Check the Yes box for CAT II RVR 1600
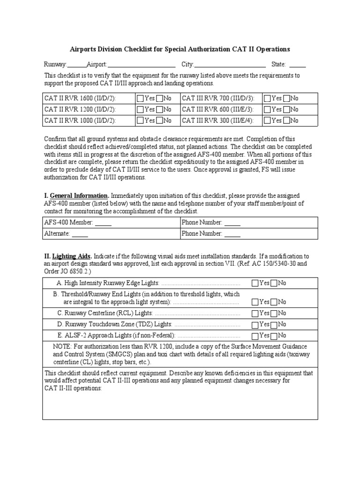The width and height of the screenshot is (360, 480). (140, 98)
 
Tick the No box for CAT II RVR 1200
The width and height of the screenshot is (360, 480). (159, 110)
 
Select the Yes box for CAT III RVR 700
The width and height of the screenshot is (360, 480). (267, 98)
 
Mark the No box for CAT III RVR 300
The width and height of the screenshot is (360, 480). (286, 120)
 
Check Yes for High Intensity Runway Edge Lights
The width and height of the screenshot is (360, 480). (255, 283)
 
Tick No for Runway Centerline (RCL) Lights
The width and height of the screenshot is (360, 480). (274, 313)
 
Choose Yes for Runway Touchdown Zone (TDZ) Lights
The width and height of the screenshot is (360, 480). (255, 324)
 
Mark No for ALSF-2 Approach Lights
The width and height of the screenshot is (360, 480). (274, 336)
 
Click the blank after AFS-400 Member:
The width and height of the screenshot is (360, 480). (103, 223)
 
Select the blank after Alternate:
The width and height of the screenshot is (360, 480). (80, 234)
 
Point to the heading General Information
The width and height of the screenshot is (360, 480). (79, 195)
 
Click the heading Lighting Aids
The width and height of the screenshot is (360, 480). (72, 256)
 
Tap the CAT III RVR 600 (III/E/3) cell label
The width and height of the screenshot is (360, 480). (217, 110)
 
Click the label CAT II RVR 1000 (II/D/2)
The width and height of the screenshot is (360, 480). (80, 120)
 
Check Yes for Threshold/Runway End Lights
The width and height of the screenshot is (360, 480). (255, 302)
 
